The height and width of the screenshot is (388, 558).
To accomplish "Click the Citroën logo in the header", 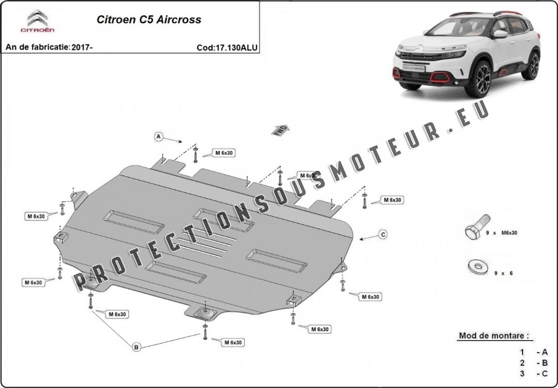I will [x=37, y=21].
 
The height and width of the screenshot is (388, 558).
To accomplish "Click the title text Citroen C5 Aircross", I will [x=149, y=20].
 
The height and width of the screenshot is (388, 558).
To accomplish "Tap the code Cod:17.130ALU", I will [x=227, y=47].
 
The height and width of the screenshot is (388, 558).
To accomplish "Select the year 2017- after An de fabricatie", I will [x=82, y=47].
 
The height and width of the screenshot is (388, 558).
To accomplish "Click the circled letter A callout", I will [x=158, y=137].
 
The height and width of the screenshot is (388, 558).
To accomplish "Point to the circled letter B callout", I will [x=137, y=346].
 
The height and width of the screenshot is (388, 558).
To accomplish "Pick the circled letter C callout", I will [x=383, y=235].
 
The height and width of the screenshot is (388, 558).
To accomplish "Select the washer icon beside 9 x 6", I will [x=477, y=266].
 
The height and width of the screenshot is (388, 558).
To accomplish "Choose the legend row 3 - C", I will [x=534, y=373].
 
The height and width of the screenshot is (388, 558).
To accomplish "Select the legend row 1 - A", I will [x=534, y=352].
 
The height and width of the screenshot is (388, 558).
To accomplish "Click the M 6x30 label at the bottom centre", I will [x=232, y=343].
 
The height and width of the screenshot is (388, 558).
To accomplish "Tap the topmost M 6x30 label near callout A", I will [x=224, y=153].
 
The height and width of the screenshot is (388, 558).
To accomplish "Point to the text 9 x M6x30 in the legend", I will [x=501, y=233].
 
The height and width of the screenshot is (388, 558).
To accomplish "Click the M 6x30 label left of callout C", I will [x=392, y=200].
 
